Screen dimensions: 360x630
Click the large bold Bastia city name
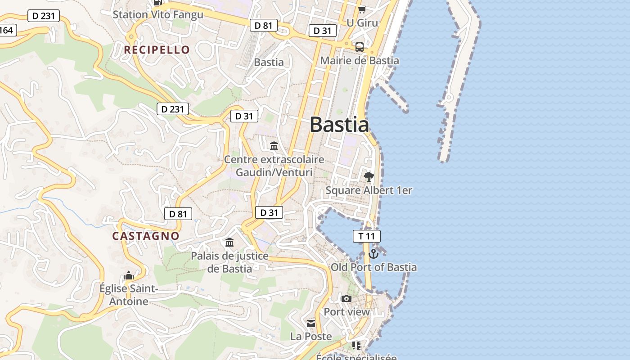pyautogui.click(x=339, y=125)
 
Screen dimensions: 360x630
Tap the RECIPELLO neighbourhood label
pyautogui.click(x=157, y=49)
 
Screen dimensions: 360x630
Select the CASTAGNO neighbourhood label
pyautogui.click(x=146, y=236)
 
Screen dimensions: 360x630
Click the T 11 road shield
pyautogui.click(x=366, y=236)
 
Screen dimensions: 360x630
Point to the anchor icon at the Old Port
pyautogui.click(x=373, y=254)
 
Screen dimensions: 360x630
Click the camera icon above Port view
pyautogui.click(x=346, y=298)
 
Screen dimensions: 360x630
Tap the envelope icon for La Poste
pyautogui.click(x=311, y=324)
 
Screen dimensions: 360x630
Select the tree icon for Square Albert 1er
pyautogui.click(x=369, y=177)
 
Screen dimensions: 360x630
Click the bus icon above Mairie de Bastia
pyautogui.click(x=360, y=47)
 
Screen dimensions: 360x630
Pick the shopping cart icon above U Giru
pyautogui.click(x=362, y=9)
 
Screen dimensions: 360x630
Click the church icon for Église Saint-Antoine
pyautogui.click(x=129, y=275)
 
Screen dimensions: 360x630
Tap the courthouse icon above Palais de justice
pyautogui.click(x=229, y=243)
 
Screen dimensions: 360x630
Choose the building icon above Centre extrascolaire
pyautogui.click(x=274, y=146)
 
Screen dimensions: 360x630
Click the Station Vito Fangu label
pyautogui.click(x=158, y=14)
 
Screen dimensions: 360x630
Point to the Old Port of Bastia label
pyautogui.click(x=373, y=267)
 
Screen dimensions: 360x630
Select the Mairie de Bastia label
pyautogui.click(x=360, y=60)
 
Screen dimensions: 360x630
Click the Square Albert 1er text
pyautogui.click(x=369, y=190)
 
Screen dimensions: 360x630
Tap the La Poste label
pyautogui.click(x=311, y=336)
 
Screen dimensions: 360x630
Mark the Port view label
pyautogui.click(x=346, y=311)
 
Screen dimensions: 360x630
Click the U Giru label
pyautogui.click(x=362, y=22)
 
